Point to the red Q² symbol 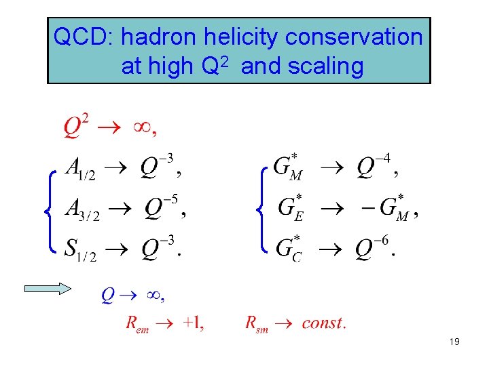(x=76, y=126)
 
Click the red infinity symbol (x=140, y=127)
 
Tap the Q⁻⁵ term (x=162, y=207)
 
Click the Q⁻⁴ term (x=374, y=166)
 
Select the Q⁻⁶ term (x=373, y=247)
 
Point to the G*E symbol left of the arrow (x=291, y=207)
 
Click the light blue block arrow (x=48, y=288)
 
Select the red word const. (x=323, y=323)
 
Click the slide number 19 (x=454, y=342)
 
